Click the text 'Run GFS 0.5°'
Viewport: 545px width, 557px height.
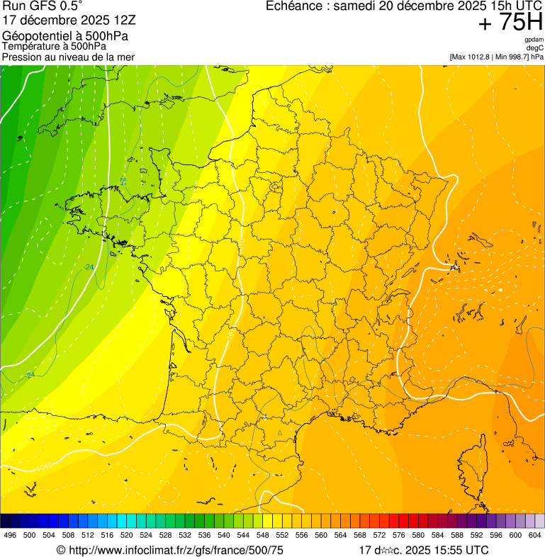(x=42, y=7)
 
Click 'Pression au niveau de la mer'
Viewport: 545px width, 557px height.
(x=68, y=57)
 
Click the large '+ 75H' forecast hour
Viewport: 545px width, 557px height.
(x=510, y=23)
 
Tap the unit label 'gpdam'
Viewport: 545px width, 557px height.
(x=534, y=40)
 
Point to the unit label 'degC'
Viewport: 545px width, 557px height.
(x=535, y=47)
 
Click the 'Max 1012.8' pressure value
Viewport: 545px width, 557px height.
(x=470, y=56)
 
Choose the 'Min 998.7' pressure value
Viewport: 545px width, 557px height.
(x=510, y=56)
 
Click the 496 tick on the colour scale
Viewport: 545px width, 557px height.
(x=10, y=535)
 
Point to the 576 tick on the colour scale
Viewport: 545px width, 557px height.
(x=398, y=535)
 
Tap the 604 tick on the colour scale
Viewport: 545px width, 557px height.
(x=534, y=535)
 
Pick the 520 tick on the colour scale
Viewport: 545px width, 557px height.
(x=126, y=535)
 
